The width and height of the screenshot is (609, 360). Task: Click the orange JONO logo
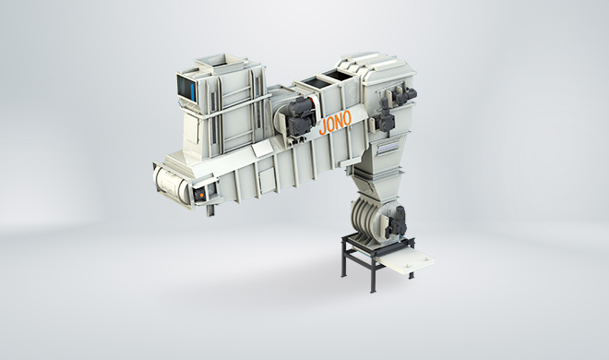pos(335,123)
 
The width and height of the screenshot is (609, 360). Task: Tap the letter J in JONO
pos(323,127)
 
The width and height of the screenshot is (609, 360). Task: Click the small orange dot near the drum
pos(201,194)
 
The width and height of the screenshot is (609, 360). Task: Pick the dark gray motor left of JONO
pos(300,115)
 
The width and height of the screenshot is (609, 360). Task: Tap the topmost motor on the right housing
pos(404,94)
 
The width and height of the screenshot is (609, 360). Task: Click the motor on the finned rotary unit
pos(396,222)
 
